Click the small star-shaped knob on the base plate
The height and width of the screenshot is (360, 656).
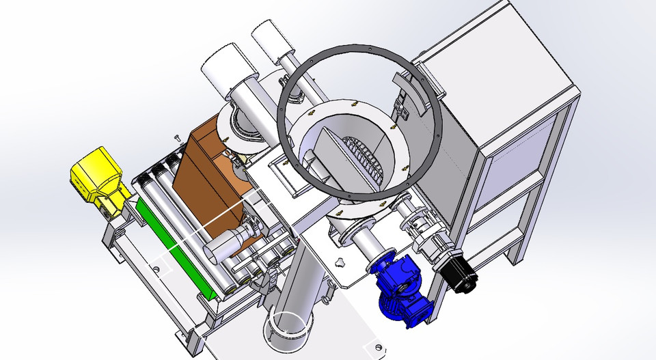point(339,262)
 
